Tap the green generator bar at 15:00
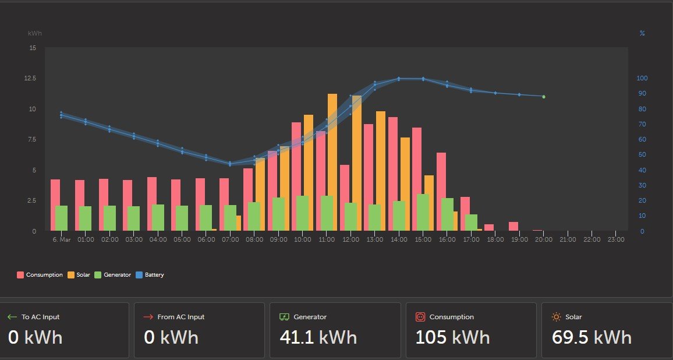pyautogui.click(x=423, y=212)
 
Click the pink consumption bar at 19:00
pyautogui.click(x=513, y=226)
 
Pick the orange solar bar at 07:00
pyautogui.click(x=239, y=223)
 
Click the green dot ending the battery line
pyautogui.click(x=544, y=97)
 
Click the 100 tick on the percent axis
pyautogui.click(x=642, y=78)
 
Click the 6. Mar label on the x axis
pyautogui.click(x=61, y=239)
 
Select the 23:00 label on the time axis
pyautogui.click(x=616, y=239)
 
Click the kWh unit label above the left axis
pyautogui.click(x=35, y=33)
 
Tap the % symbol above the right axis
pyautogui.click(x=642, y=33)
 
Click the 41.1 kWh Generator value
pyautogui.click(x=318, y=337)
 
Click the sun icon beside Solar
pyautogui.click(x=556, y=317)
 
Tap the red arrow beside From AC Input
pyautogui.click(x=148, y=317)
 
